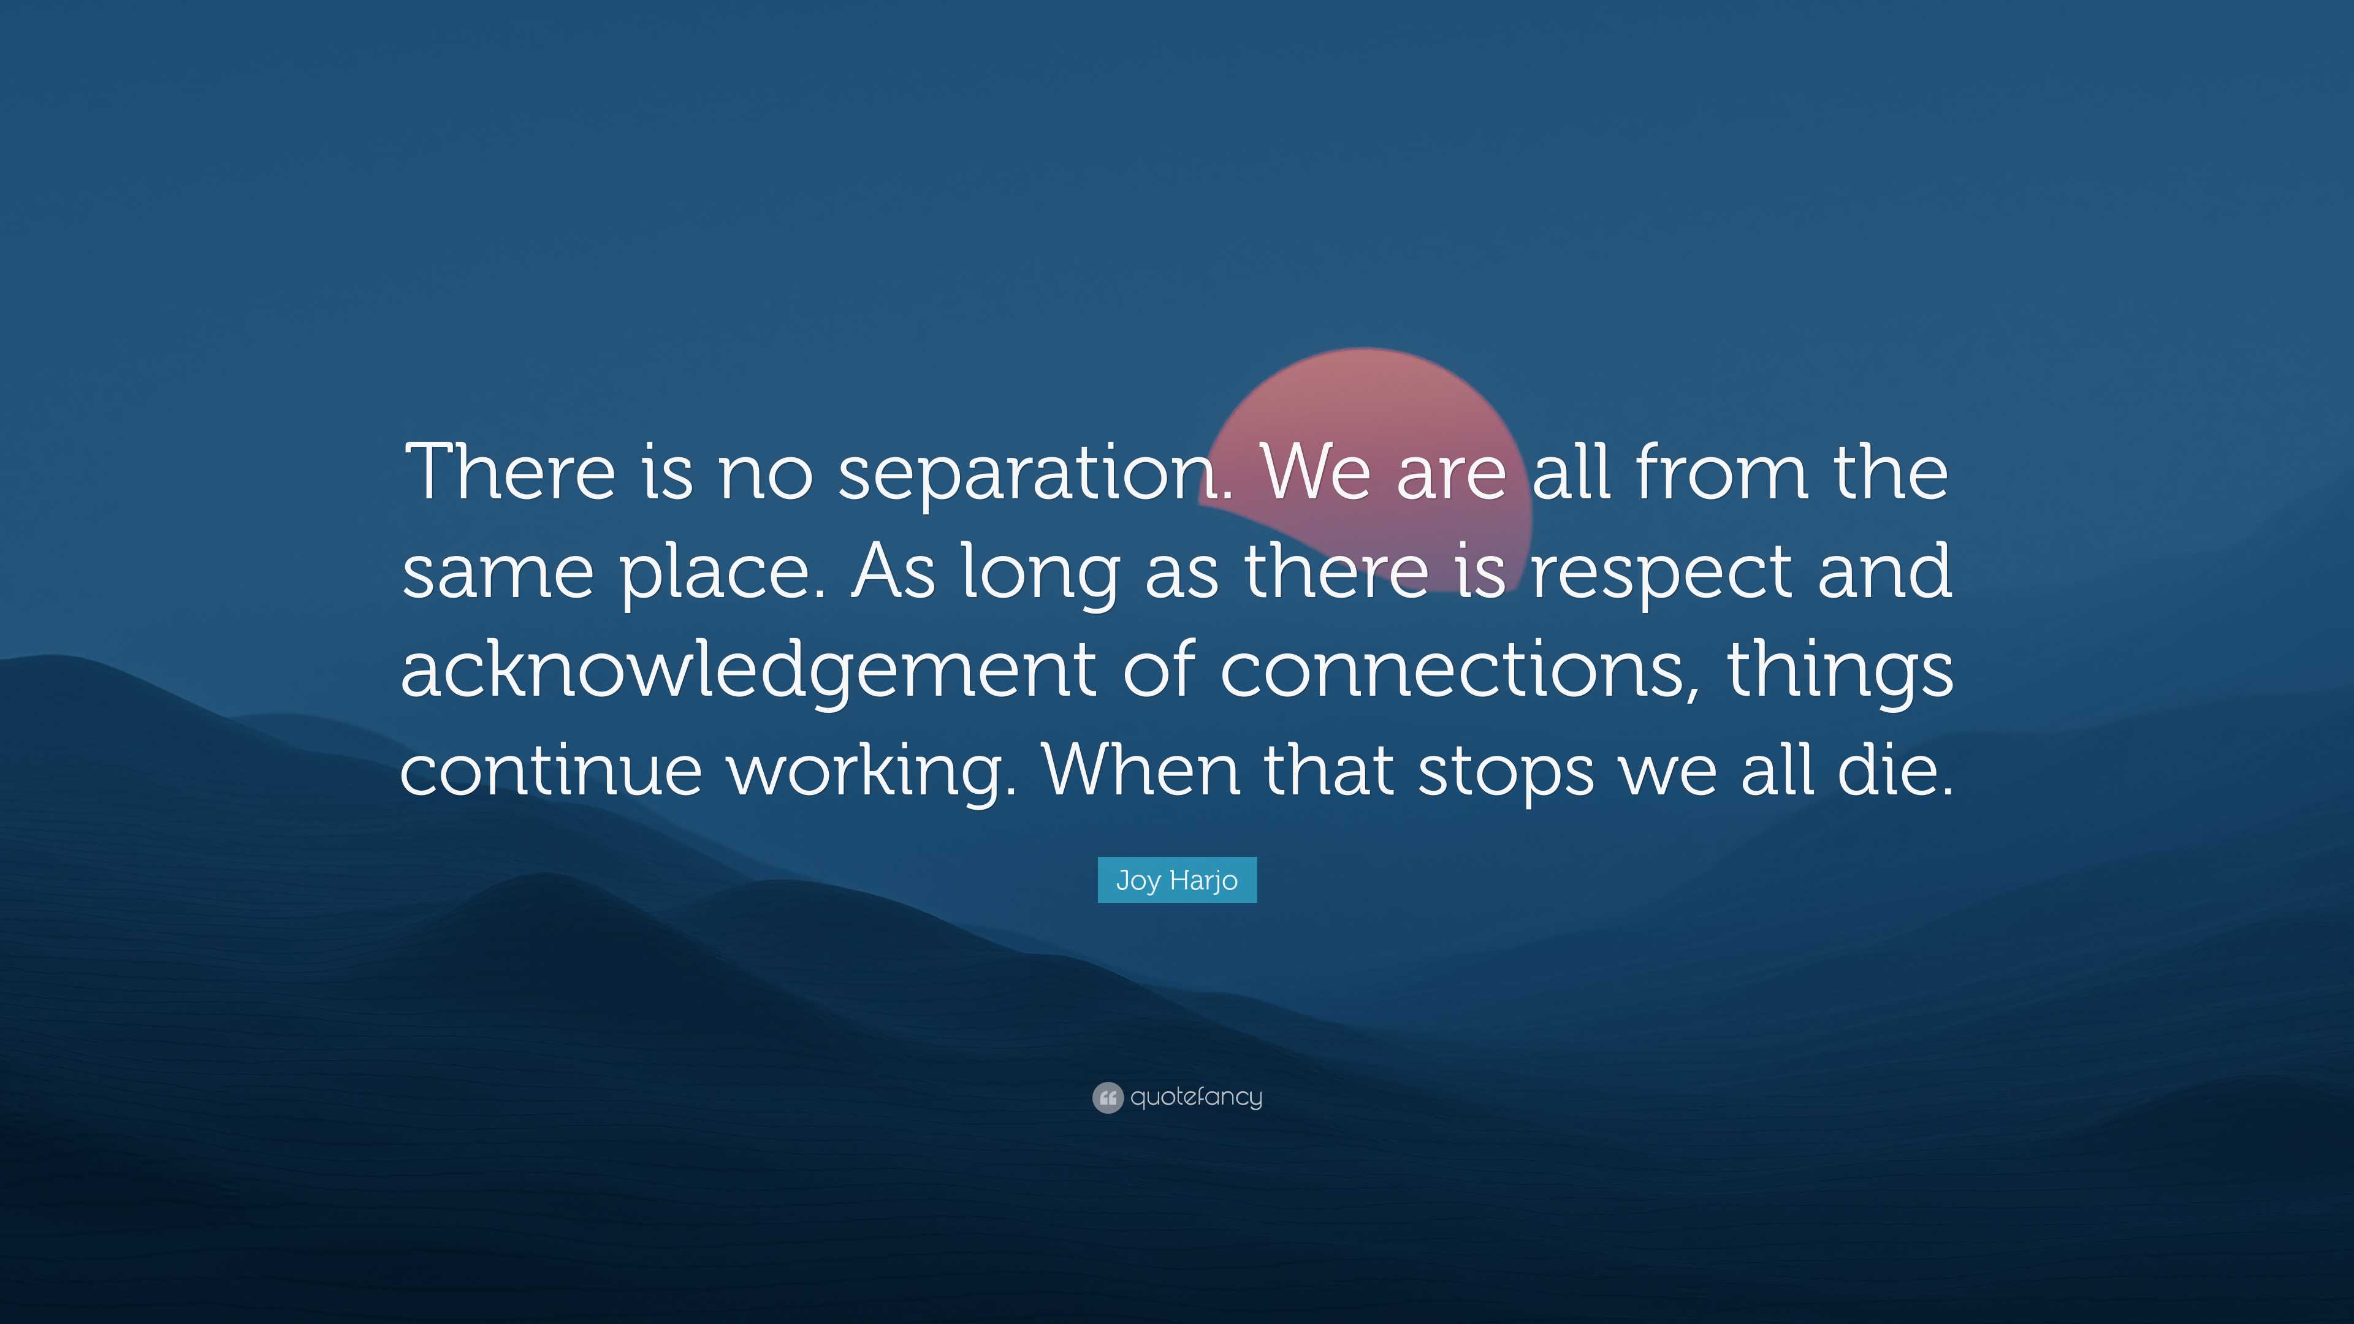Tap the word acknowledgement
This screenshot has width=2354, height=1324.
747,671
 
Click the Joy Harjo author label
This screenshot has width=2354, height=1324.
1177,880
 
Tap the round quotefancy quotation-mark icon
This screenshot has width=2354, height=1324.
1107,1097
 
